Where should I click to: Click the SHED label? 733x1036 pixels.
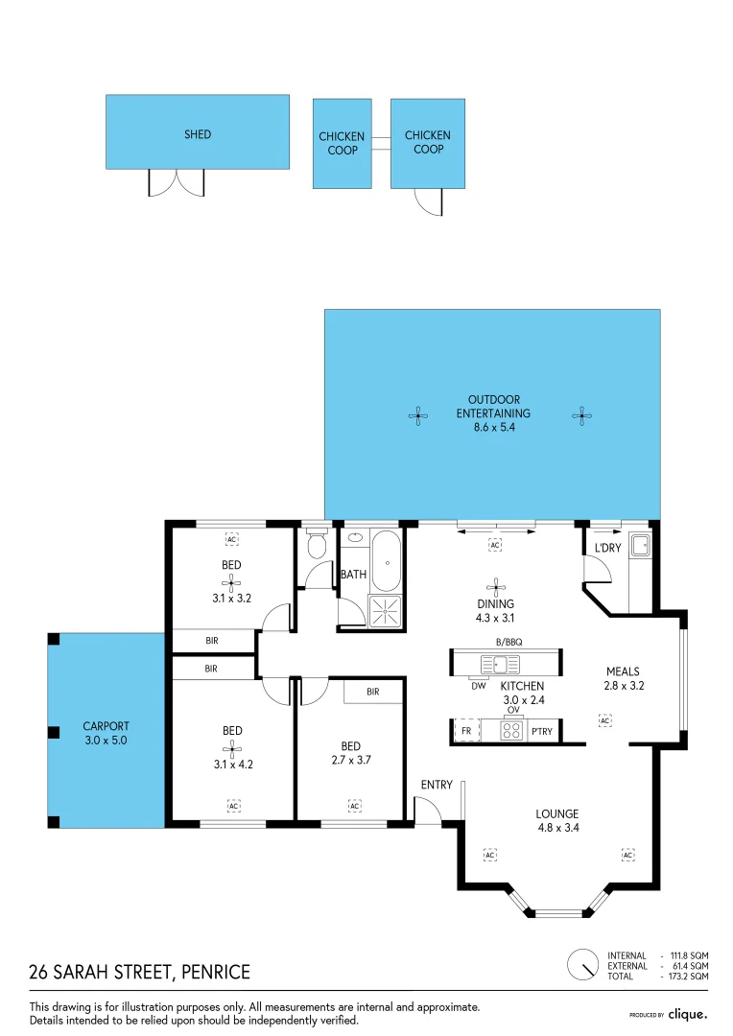(x=198, y=134)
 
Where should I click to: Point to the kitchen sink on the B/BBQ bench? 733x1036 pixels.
(x=500, y=663)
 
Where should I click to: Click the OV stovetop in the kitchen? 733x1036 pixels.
(x=511, y=731)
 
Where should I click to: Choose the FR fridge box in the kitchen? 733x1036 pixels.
(x=465, y=731)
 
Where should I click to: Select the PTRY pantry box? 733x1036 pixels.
(x=542, y=731)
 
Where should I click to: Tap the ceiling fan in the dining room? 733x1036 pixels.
(x=496, y=585)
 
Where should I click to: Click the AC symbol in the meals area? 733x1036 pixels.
(x=604, y=718)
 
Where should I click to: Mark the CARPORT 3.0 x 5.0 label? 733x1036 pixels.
(x=106, y=734)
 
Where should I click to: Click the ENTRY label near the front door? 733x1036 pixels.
(x=437, y=785)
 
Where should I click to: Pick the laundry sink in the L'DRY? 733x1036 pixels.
(x=641, y=547)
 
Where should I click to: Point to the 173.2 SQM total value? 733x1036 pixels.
(x=689, y=976)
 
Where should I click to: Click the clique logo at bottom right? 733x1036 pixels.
(x=687, y=1014)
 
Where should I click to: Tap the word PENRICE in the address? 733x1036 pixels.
(x=215, y=973)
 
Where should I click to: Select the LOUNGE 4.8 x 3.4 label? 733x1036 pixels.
(x=557, y=820)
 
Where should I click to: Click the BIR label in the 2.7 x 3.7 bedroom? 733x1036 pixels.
(x=372, y=691)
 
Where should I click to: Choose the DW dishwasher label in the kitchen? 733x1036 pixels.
(x=478, y=685)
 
